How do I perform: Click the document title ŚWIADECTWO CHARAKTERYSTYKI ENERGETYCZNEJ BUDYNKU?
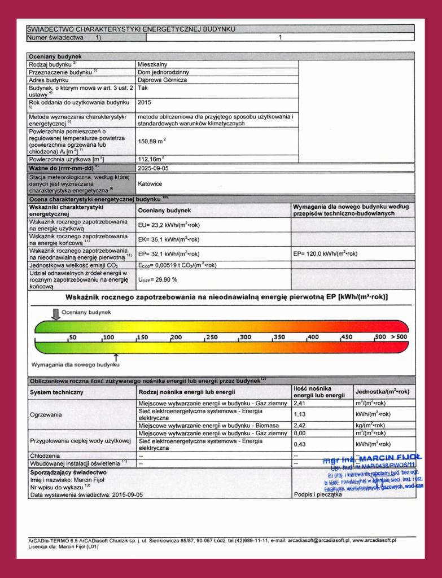tap(132, 29)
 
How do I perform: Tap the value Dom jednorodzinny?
tap(164, 72)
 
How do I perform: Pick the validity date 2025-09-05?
tap(153, 168)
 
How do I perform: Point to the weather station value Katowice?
tap(151, 183)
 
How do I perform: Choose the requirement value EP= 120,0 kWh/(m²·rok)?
tap(326, 253)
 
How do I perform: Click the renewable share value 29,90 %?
tap(159, 279)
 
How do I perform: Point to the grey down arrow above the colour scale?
tap(55, 314)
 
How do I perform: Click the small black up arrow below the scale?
tap(116, 356)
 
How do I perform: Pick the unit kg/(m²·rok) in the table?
tap(370, 425)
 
